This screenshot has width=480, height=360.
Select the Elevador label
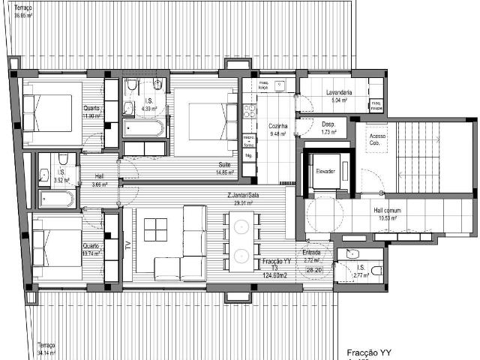325,170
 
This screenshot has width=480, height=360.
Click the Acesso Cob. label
377,139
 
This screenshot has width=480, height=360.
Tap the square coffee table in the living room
157,229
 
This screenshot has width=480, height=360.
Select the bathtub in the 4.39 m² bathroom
142,129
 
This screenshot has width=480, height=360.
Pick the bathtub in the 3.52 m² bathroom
56,199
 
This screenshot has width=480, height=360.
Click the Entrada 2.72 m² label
311,256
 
